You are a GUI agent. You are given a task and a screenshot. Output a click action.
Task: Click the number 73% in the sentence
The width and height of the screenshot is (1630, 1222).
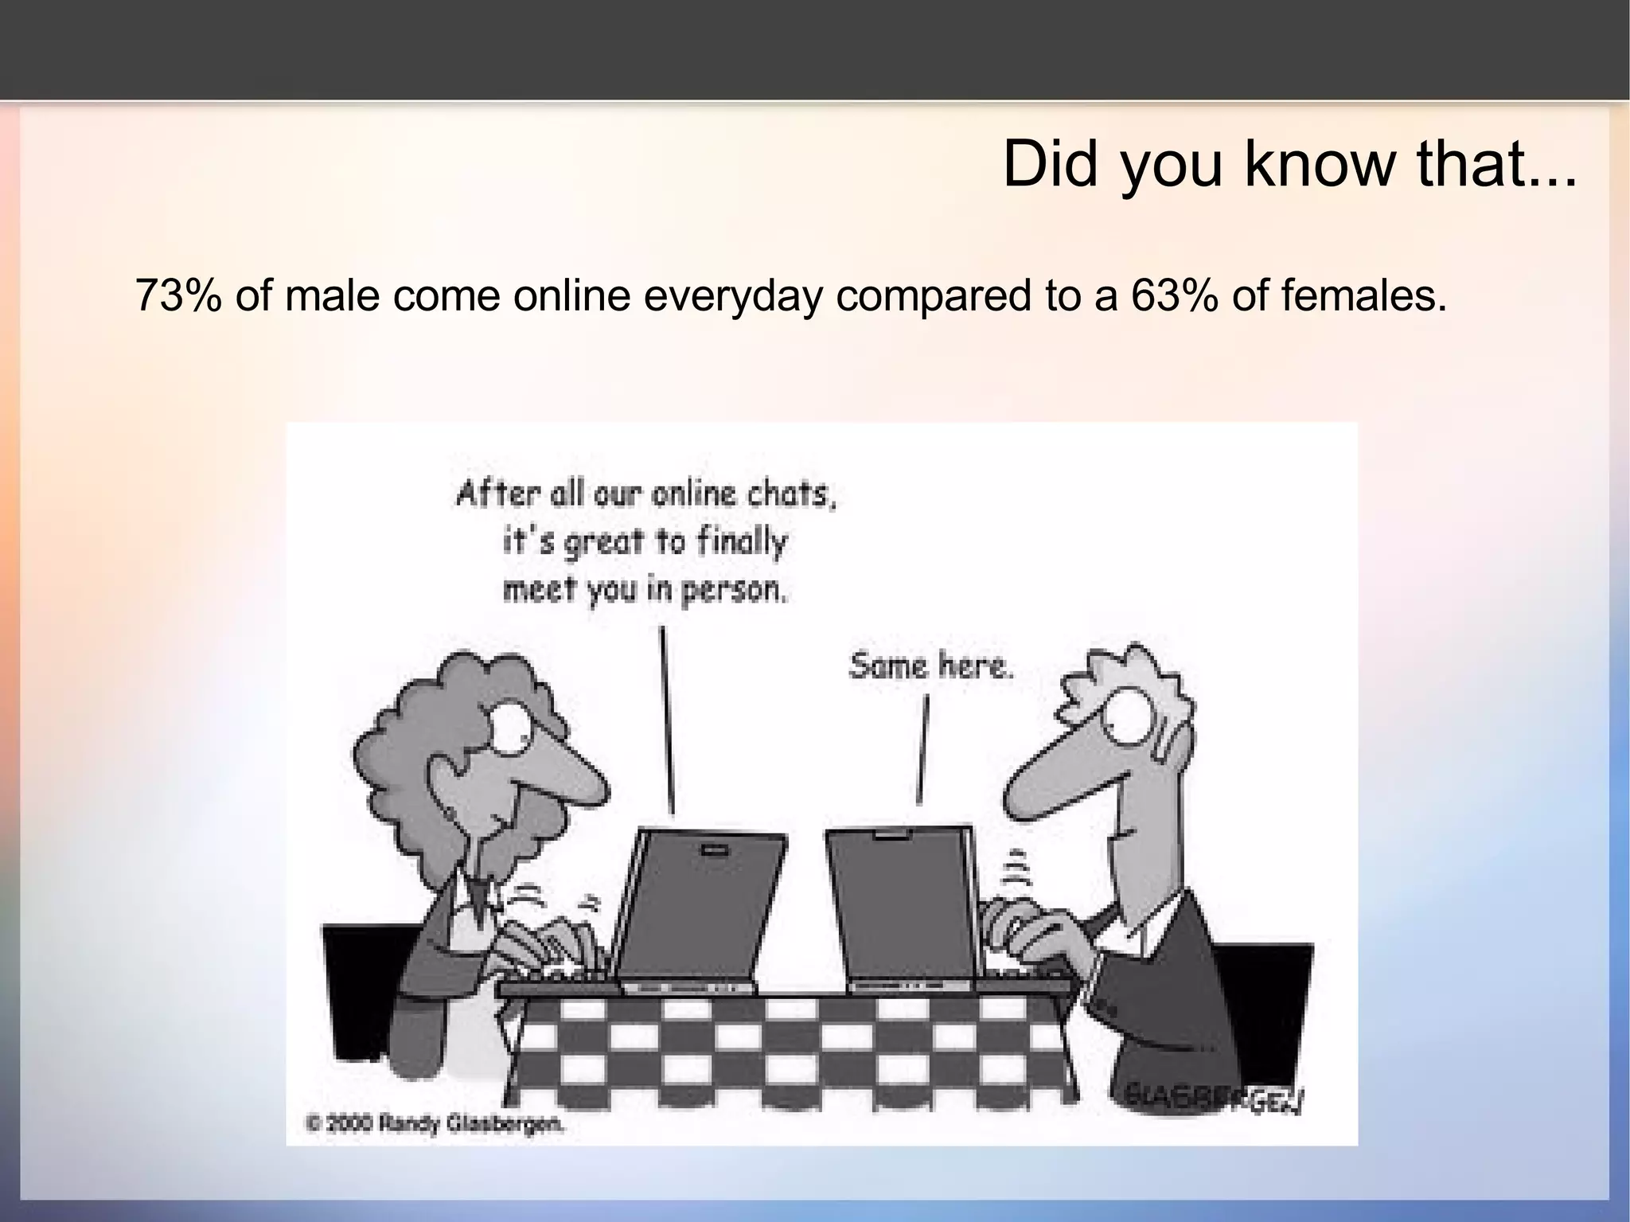[177, 296]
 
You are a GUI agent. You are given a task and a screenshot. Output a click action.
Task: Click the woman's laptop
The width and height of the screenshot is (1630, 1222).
[700, 908]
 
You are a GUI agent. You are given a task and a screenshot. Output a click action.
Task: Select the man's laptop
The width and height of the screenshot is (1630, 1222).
[903, 908]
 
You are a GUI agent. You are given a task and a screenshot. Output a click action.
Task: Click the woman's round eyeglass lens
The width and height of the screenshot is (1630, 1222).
[510, 727]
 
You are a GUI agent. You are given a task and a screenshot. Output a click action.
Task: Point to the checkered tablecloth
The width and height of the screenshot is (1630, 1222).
[788, 1051]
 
